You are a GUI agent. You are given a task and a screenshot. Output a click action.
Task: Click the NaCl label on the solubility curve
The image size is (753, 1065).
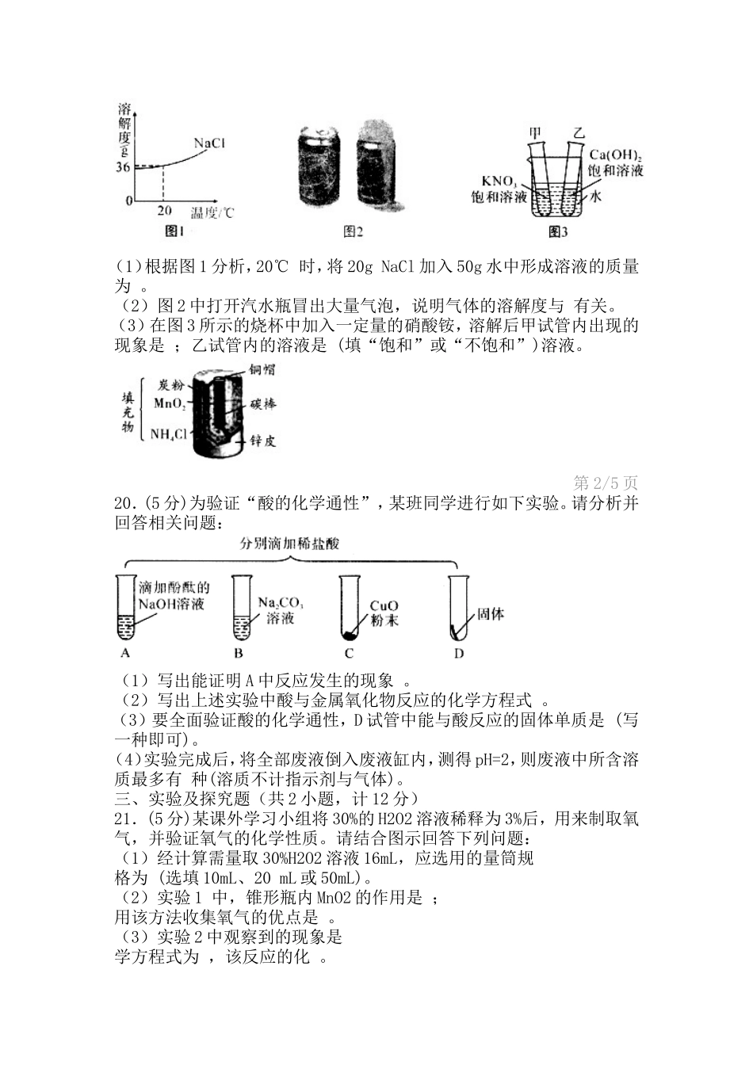point(209,143)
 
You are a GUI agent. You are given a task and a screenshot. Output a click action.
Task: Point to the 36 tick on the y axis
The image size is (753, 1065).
point(123,167)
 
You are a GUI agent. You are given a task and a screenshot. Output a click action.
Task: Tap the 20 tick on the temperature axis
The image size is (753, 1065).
point(164,211)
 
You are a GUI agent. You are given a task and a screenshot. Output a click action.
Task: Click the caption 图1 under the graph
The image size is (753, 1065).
point(174,231)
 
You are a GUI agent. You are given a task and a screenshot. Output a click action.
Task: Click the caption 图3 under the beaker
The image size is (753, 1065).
point(558,231)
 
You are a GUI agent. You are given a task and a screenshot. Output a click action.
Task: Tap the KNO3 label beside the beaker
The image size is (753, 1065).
point(499,181)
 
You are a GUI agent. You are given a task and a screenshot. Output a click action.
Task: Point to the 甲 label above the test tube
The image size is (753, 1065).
point(536,132)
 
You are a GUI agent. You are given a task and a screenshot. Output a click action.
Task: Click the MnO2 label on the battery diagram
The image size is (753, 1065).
point(170,403)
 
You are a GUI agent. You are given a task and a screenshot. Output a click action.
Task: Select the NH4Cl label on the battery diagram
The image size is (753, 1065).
point(168,434)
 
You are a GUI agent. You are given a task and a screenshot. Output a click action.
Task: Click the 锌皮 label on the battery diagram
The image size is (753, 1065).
point(262,441)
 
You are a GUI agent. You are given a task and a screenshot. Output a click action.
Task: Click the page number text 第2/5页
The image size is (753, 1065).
point(605,483)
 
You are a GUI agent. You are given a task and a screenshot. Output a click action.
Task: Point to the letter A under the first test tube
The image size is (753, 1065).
point(125,653)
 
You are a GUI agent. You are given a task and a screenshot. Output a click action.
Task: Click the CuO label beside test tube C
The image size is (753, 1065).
point(384,606)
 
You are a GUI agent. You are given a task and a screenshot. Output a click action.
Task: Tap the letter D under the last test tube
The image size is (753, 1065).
point(458,653)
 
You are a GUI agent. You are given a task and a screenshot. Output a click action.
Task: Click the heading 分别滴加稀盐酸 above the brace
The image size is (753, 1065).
point(289,544)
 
